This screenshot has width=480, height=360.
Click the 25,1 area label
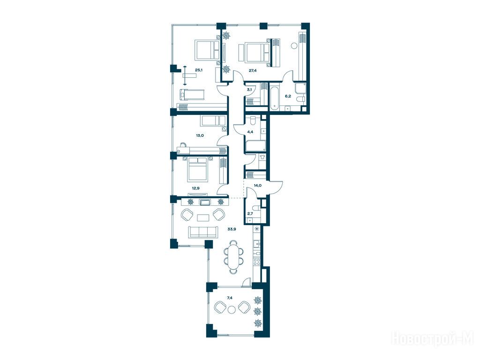tap(199, 70)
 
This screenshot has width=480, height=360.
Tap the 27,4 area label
tap(253, 70)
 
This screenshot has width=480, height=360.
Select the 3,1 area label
tap(249, 90)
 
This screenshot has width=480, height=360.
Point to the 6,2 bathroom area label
tap(288, 96)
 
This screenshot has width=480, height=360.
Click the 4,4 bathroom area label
tap(250, 132)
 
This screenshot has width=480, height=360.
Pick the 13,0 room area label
tap(200, 135)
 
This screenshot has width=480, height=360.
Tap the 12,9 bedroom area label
tap(195, 188)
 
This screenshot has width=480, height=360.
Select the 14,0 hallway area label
tap(257, 185)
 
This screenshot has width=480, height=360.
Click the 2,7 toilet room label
tap(250, 214)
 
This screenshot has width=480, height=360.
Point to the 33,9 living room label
tap(232, 228)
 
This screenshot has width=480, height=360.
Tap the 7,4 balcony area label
tap(230, 297)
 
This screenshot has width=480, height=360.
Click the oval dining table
tap(234, 256)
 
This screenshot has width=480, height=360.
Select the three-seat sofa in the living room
tap(203, 232)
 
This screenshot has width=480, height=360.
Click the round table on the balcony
tap(232, 309)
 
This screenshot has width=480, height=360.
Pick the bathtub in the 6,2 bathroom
tap(274, 98)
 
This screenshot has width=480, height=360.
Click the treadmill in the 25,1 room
tap(192, 95)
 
